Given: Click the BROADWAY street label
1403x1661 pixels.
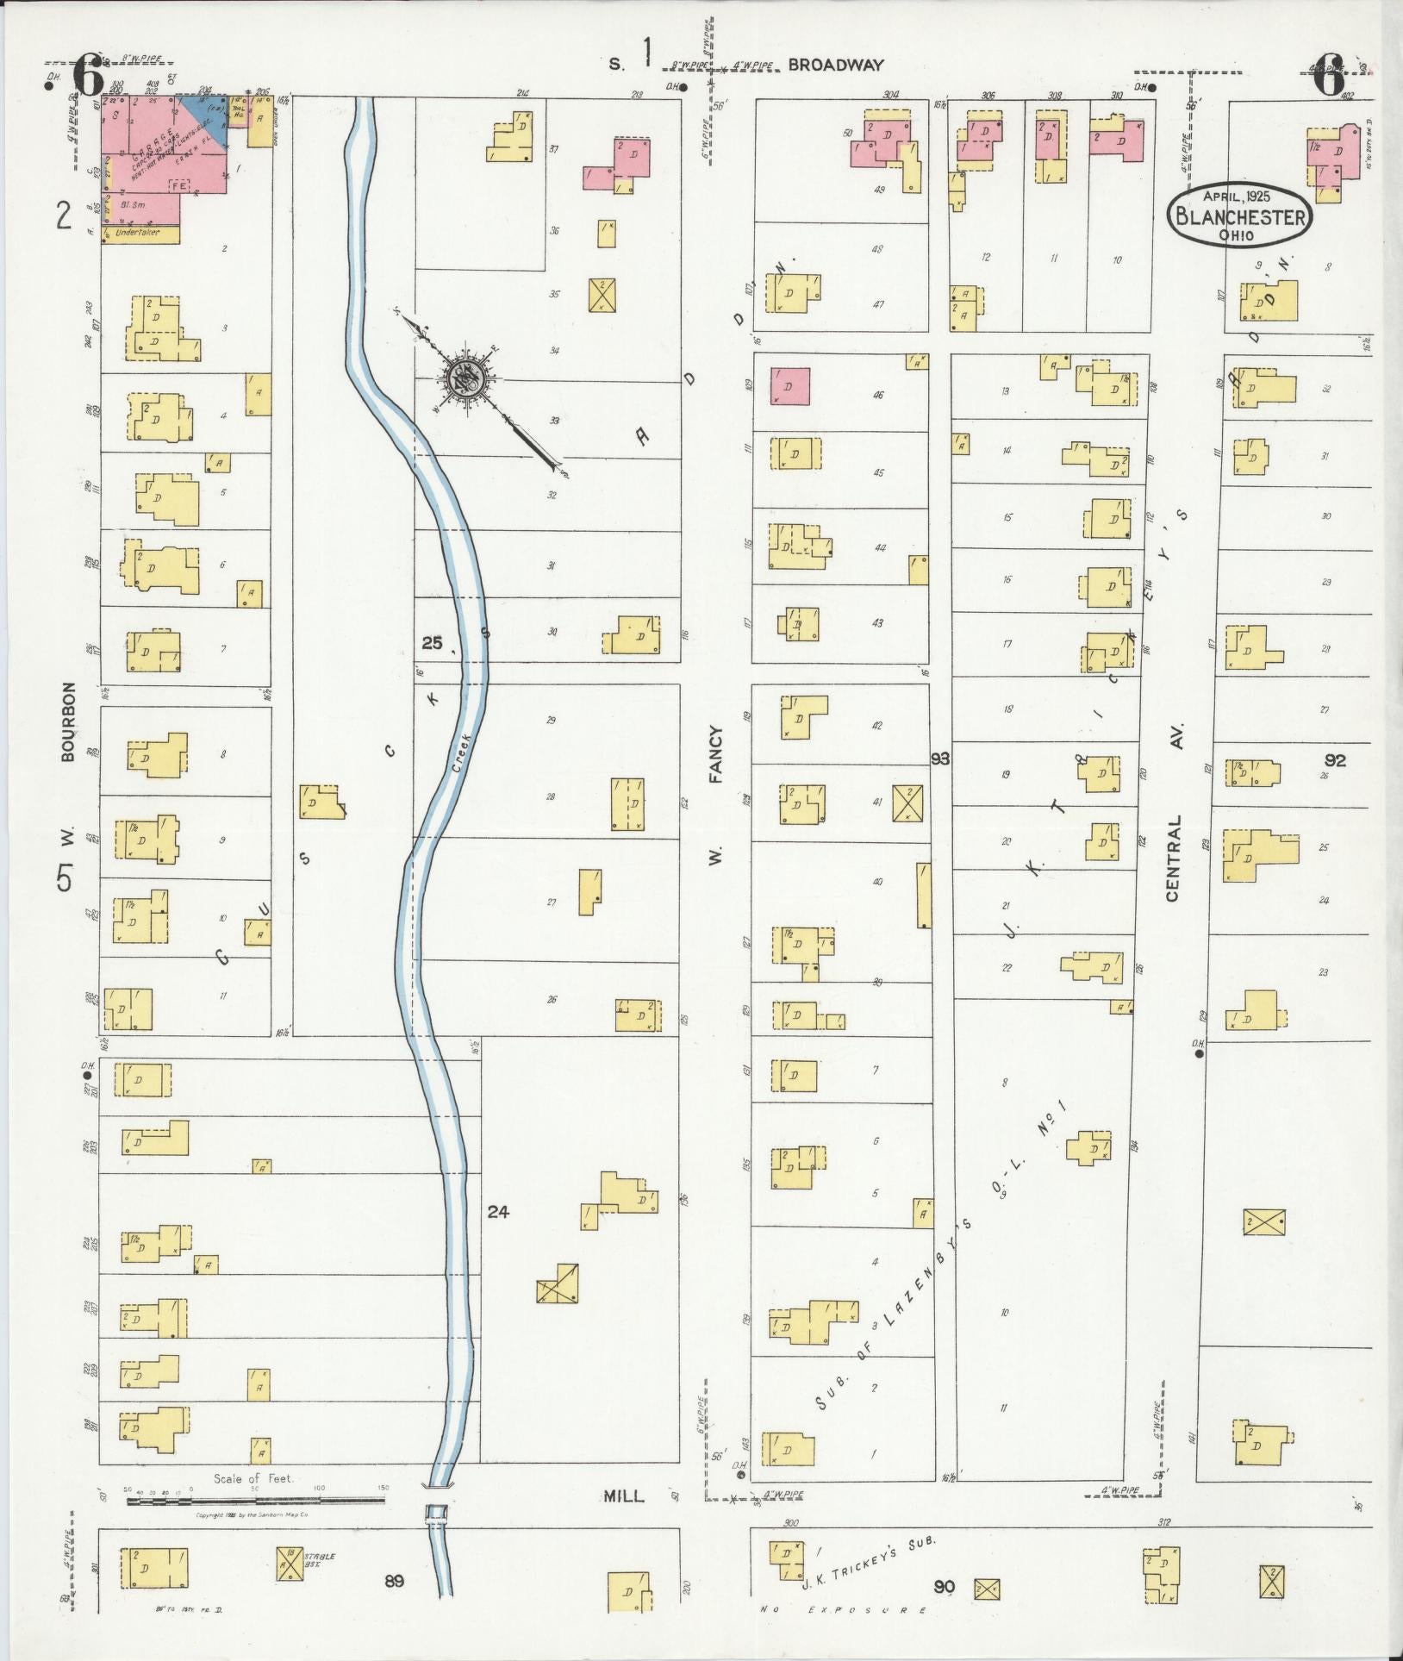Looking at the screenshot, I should point(835,65).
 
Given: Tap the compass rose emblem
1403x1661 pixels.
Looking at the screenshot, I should point(466,377).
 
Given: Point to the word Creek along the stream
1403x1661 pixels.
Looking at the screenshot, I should point(462,752).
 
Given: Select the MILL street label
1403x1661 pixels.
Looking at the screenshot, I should point(623,1496).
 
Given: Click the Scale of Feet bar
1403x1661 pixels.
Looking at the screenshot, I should point(256,1501).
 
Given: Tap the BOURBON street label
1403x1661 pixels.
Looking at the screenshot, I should point(69,721).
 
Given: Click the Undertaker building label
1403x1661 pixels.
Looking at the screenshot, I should point(140,234).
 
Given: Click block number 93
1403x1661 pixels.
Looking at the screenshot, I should point(939,759).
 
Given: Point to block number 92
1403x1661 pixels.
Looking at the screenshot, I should point(1335,760).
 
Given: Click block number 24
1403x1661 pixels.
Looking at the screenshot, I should point(498,1212).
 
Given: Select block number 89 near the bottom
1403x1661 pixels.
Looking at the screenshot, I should point(394,1580).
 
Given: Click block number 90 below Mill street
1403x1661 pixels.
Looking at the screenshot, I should point(944,1586).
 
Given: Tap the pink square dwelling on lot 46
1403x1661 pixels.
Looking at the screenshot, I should point(789,386).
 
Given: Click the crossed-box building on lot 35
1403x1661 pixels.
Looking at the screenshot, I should point(602,295).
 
